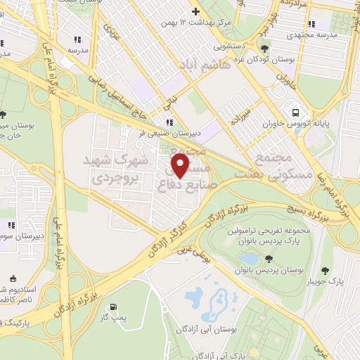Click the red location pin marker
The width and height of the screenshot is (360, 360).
point(181,166)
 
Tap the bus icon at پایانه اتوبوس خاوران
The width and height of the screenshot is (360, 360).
point(296,112)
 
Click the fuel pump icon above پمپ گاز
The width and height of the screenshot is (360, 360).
point(113,307)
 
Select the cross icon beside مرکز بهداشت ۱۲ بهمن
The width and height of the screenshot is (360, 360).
point(196,12)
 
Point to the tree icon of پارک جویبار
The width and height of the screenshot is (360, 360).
point(324,271)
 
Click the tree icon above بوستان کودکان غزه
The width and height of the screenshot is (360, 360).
point(264,49)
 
